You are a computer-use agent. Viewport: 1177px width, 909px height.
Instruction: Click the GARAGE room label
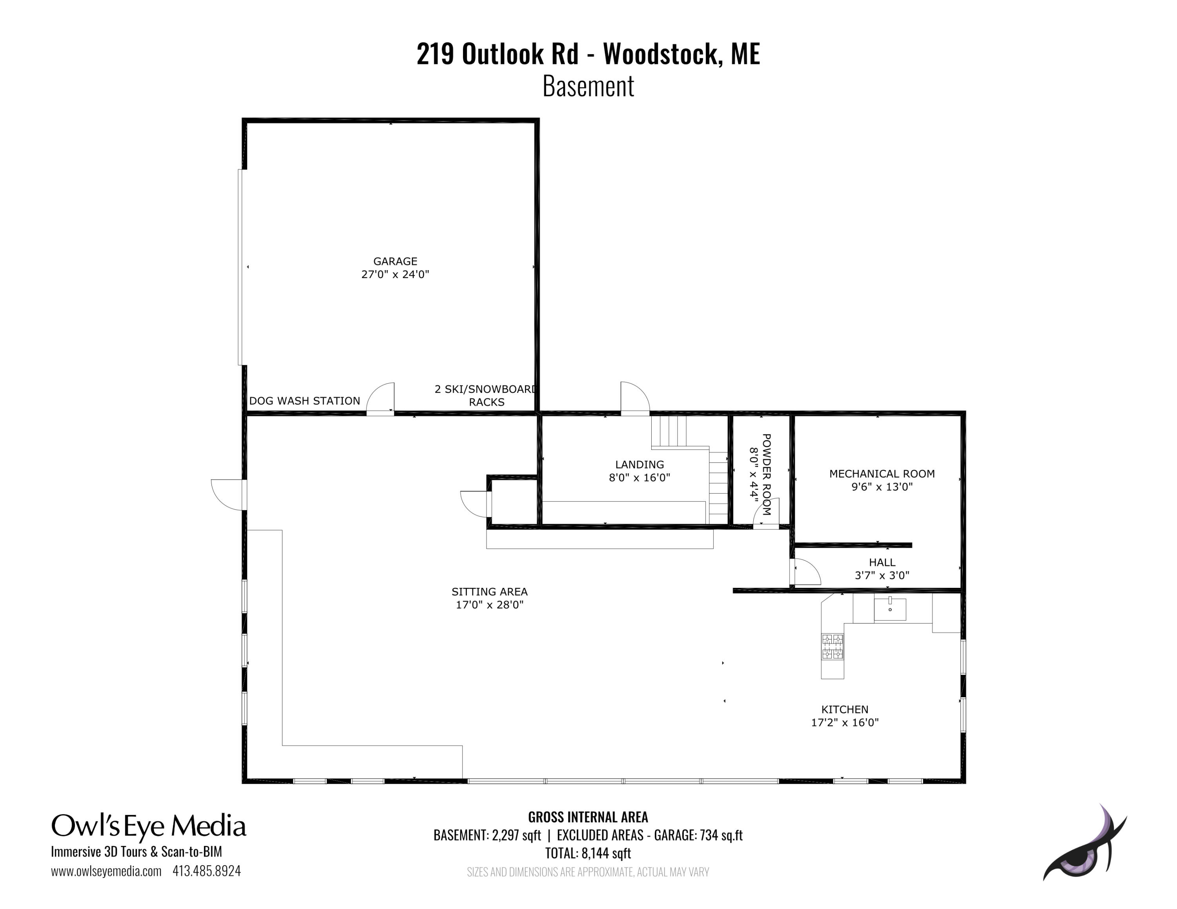(395, 261)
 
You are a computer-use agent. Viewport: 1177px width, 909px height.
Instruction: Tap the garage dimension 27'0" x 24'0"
(395, 274)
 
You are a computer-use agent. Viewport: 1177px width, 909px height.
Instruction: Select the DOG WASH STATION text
(304, 401)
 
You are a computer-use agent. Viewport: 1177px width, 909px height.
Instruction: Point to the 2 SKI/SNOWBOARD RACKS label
(486, 395)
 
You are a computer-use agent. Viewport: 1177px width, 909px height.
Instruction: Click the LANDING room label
(639, 464)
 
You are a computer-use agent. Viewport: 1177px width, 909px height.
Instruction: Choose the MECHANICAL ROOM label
(882, 474)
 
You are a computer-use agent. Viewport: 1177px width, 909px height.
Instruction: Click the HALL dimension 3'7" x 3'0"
(882, 575)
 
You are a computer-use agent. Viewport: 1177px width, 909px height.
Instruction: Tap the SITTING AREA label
(489, 591)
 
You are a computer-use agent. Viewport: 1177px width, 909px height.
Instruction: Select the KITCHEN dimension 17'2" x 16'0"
(844, 723)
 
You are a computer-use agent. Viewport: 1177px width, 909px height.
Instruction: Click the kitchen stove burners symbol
(832, 647)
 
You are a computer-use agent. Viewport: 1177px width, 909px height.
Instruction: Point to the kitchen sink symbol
(890, 609)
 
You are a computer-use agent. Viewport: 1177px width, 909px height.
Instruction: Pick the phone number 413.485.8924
(206, 871)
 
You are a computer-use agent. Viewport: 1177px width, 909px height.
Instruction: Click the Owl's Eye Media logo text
(149, 826)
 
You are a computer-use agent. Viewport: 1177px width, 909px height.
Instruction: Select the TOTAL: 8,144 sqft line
(588, 853)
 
